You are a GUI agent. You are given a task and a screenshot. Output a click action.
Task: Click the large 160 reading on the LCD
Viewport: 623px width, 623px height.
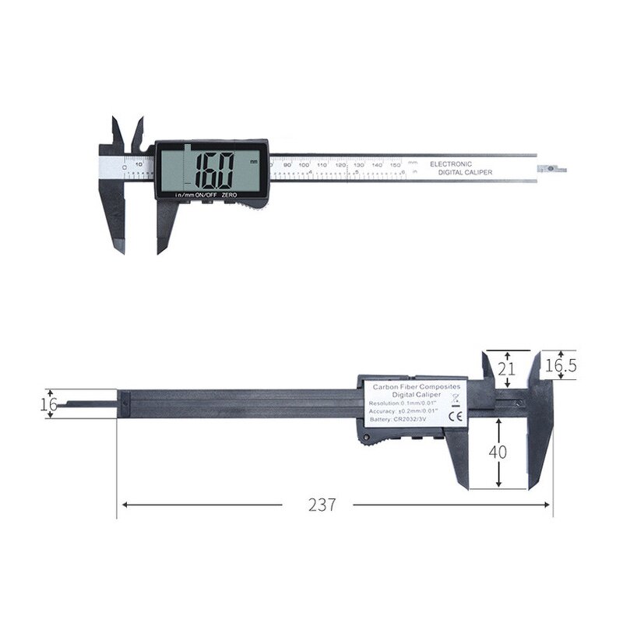tap(215, 169)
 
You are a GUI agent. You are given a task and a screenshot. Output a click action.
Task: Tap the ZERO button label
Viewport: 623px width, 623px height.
tap(229, 195)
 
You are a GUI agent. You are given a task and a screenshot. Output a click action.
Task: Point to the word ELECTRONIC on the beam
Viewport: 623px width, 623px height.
tap(451, 165)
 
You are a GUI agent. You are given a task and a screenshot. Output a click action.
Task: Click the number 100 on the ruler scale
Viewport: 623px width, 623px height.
tap(304, 165)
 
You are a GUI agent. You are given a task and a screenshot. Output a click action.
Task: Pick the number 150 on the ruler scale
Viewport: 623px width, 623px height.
tap(395, 165)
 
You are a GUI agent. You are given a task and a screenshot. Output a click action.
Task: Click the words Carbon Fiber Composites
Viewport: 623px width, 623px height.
tap(417, 386)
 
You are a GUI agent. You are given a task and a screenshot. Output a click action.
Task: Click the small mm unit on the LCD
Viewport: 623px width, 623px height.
tap(253, 160)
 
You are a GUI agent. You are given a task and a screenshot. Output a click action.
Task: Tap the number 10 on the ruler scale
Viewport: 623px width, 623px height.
tap(139, 164)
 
